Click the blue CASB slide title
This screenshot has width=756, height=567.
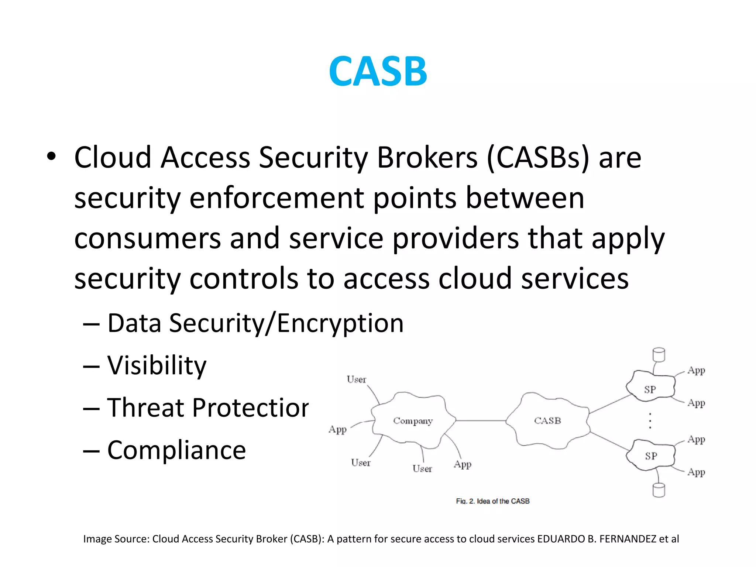[x=378, y=71]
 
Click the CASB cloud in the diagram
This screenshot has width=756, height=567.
[x=547, y=421]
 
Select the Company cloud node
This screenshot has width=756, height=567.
[x=413, y=421]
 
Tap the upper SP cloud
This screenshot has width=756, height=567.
[x=650, y=389]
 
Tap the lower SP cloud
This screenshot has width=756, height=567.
[x=651, y=456]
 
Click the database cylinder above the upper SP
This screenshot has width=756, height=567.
[x=659, y=355]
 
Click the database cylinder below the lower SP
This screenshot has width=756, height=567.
[x=659, y=490]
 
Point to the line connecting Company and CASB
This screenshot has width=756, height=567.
[x=480, y=420]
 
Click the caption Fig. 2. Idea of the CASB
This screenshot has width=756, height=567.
[x=493, y=501]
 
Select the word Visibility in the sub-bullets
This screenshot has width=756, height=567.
[x=157, y=365]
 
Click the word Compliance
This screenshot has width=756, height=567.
[x=176, y=450]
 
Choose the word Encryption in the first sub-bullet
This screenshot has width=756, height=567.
[x=340, y=323]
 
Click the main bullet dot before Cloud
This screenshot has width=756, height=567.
[x=51, y=157]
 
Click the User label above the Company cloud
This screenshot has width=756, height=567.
[x=356, y=379]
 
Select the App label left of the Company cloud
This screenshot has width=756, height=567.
[x=337, y=429]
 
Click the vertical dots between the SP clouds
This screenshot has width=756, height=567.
[x=650, y=421]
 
